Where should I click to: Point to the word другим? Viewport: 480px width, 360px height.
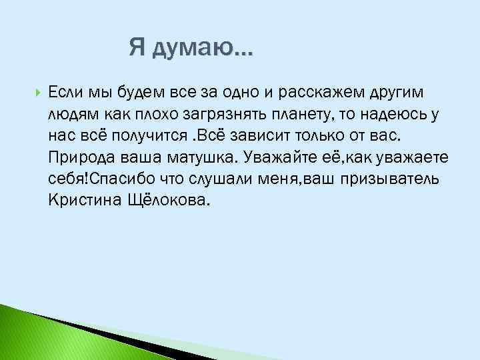pyautogui.click(x=382, y=91)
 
